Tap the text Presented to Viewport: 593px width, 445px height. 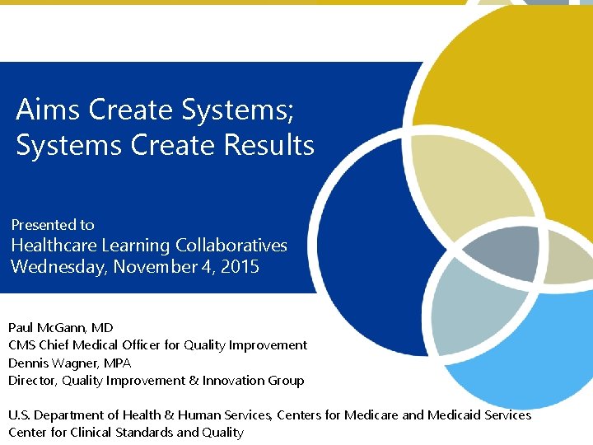(x=53, y=224)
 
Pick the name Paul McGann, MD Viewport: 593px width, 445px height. (x=61, y=328)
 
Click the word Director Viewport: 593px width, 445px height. (x=32, y=380)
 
